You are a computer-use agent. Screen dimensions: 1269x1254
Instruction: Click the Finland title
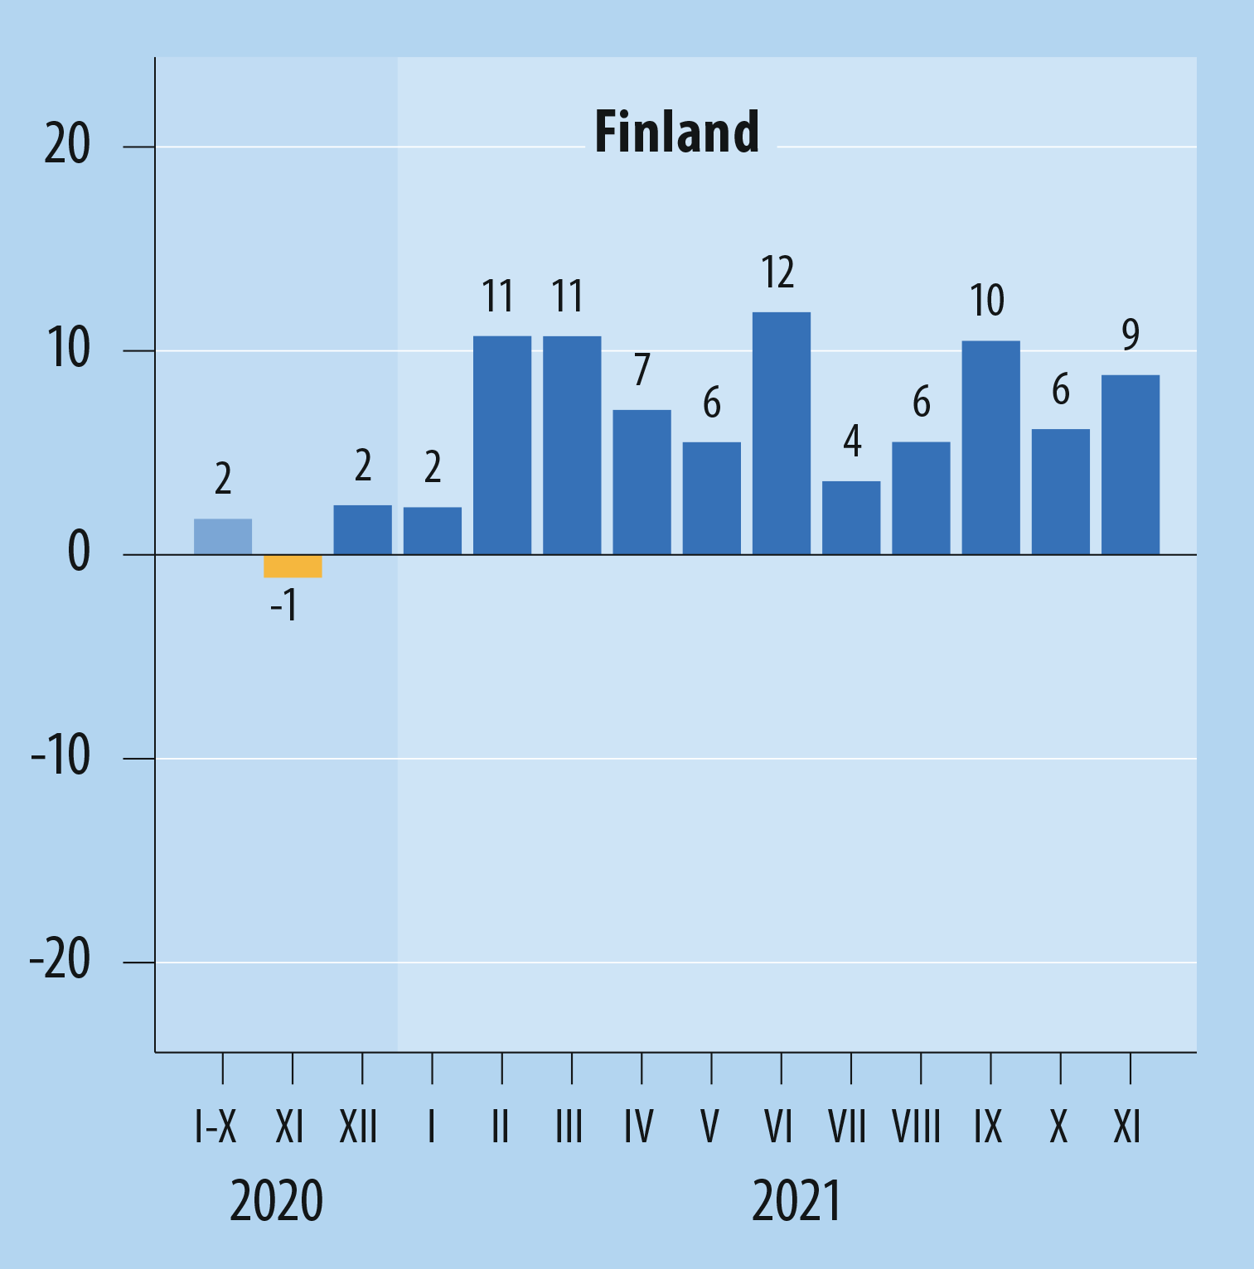pyautogui.click(x=676, y=133)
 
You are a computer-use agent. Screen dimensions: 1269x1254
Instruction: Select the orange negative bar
pyautogui.click(x=293, y=567)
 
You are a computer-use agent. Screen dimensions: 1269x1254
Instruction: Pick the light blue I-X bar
pyautogui.click(x=223, y=537)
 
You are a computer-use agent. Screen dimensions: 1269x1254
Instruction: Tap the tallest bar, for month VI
pyautogui.click(x=782, y=433)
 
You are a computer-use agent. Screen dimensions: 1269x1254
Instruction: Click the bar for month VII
pyautogui.click(x=851, y=518)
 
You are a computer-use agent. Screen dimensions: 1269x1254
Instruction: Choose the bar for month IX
pyautogui.click(x=990, y=447)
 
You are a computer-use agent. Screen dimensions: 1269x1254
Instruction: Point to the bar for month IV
pyautogui.click(x=642, y=482)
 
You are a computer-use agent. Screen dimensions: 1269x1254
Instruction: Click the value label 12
pyautogui.click(x=777, y=273)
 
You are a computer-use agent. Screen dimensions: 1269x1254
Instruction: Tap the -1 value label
pyautogui.click(x=283, y=606)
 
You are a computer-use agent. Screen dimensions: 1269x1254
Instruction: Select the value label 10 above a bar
pyautogui.click(x=987, y=300)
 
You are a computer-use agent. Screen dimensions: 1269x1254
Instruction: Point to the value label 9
pyautogui.click(x=1131, y=335)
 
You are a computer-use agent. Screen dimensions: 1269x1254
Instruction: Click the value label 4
pyautogui.click(x=852, y=441)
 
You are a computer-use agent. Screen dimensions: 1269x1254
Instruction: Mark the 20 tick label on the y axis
pyautogui.click(x=67, y=145)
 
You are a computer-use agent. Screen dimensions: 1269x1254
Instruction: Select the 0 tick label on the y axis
pyautogui.click(x=79, y=552)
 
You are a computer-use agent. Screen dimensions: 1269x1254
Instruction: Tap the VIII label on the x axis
pyautogui.click(x=917, y=1127)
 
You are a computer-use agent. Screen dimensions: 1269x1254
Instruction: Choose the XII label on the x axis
pyautogui.click(x=358, y=1127)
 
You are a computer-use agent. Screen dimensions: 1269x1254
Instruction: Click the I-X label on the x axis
pyautogui.click(x=215, y=1127)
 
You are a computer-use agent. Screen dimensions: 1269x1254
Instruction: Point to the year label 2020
pyautogui.click(x=276, y=1202)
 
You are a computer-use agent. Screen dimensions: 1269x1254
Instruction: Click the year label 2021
pyautogui.click(x=796, y=1202)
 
